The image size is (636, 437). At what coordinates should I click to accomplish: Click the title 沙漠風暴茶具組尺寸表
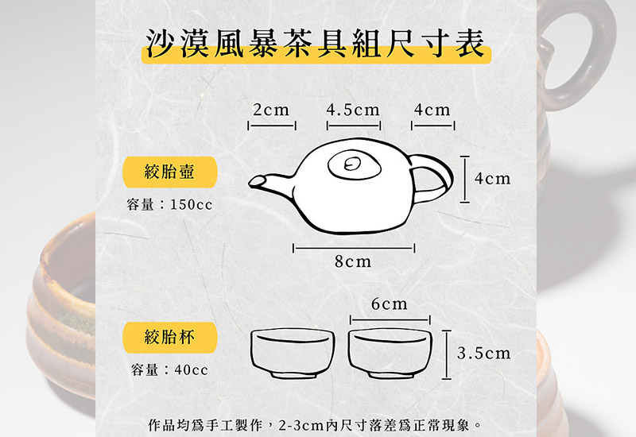(316, 44)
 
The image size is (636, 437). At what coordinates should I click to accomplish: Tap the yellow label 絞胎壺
(169, 171)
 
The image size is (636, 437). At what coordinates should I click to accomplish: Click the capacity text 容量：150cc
(170, 205)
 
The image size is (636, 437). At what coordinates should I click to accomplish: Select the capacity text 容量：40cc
(169, 370)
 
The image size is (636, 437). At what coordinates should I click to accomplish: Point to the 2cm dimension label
(271, 110)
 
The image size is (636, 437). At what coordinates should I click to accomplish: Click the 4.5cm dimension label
(353, 110)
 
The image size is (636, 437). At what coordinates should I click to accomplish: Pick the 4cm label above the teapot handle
(432, 110)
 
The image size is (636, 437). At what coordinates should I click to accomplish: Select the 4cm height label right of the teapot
(492, 179)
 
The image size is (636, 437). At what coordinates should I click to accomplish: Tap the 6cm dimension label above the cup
(390, 304)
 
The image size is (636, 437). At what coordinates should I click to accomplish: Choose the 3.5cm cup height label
(484, 353)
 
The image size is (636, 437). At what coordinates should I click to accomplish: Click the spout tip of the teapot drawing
(256, 182)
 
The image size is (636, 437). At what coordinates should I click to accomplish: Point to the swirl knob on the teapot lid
(351, 165)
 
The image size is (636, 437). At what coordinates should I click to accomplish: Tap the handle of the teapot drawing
(432, 176)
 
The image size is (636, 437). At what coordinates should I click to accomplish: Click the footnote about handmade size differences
(316, 424)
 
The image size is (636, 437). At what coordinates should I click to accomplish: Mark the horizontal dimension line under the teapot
(353, 249)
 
